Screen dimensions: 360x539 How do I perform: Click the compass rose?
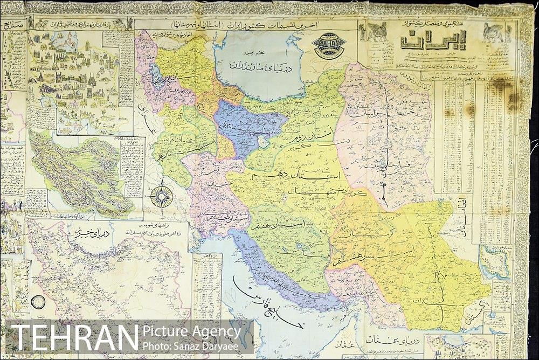point(161,196)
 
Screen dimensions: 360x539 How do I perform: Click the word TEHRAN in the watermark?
point(74,337)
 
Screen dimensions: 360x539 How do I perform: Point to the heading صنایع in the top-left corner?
point(13,26)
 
